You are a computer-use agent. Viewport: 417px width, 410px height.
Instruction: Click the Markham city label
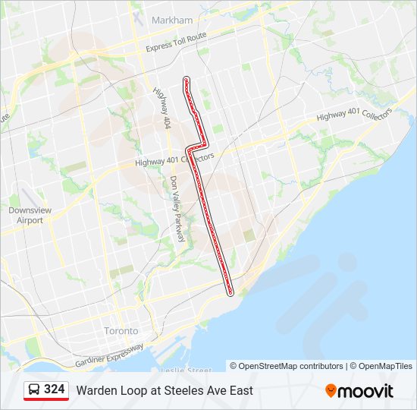172,20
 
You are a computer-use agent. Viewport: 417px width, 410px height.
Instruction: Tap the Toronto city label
121,331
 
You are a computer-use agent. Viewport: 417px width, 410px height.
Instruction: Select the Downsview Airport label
25,215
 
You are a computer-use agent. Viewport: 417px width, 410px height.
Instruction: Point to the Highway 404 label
161,107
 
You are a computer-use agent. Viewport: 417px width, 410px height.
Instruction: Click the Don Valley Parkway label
177,209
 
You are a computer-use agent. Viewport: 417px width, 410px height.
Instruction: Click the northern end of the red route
187,79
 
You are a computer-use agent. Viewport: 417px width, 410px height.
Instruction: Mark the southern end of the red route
230,292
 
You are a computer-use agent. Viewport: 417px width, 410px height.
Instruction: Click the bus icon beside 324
34,390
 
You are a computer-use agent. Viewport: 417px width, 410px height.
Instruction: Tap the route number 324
55,389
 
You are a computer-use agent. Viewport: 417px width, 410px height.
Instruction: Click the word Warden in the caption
96,391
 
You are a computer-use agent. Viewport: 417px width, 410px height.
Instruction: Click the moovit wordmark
365,391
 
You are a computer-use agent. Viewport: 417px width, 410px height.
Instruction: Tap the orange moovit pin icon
331,390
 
